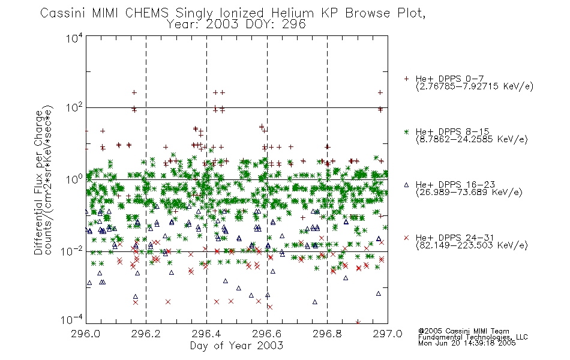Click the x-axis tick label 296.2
[146, 334]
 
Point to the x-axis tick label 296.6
[266, 334]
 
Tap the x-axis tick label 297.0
[388, 334]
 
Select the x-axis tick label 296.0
[85, 334]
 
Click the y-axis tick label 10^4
[74, 38]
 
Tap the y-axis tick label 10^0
[74, 179]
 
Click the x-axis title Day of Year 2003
[236, 346]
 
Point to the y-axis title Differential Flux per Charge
[38, 182]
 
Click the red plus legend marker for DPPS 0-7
[406, 79]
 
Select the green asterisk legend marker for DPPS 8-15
[406, 131]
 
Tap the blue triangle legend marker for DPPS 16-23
[406, 185]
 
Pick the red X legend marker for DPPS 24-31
[406, 238]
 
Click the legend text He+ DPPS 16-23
[455, 184]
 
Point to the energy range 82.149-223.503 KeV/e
[472, 245]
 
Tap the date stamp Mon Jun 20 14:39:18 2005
[467, 343]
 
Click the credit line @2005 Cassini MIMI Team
[463, 331]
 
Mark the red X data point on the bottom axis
[358, 323]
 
